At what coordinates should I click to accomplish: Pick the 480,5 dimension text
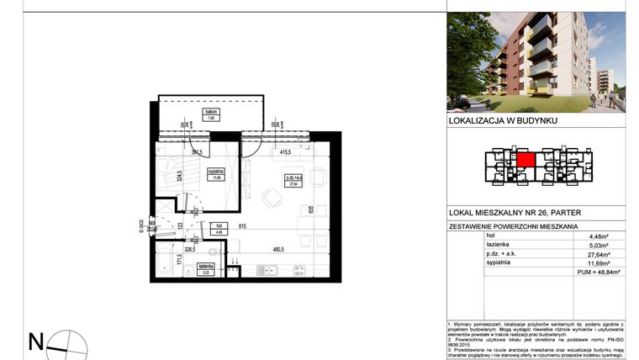[x=277, y=249]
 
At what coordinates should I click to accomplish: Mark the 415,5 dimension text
[x=285, y=152]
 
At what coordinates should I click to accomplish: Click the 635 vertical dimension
[x=311, y=209]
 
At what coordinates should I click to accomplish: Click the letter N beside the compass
[x=36, y=341]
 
